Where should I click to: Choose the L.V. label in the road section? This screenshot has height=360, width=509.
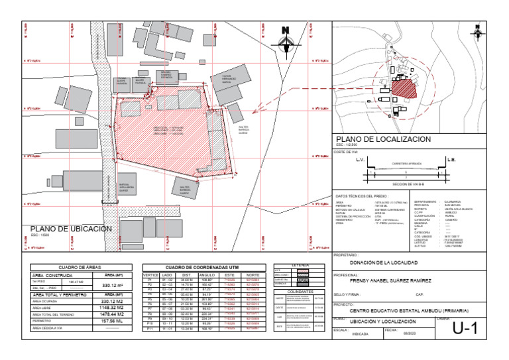[x=361, y=160]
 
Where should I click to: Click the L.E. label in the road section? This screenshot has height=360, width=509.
[x=451, y=160]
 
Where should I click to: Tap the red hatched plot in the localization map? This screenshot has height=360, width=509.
[x=402, y=87]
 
